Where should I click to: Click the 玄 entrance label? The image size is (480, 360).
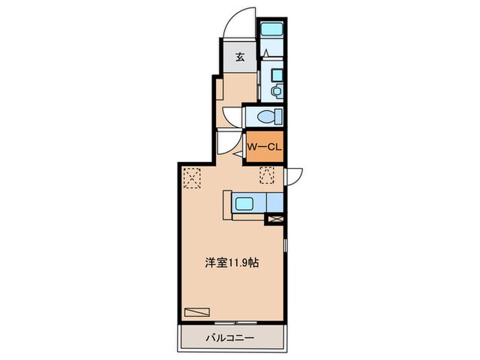(241, 57)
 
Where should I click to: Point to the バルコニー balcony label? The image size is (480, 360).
(230, 338)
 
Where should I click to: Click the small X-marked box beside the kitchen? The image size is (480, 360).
(274, 219)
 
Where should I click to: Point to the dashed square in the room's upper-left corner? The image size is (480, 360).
(193, 178)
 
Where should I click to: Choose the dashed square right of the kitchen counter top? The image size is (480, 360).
(267, 177)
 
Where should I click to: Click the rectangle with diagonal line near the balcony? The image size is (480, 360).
(200, 311)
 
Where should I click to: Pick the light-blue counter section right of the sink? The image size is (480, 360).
(273, 203)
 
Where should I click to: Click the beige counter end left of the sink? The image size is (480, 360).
(227, 203)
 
